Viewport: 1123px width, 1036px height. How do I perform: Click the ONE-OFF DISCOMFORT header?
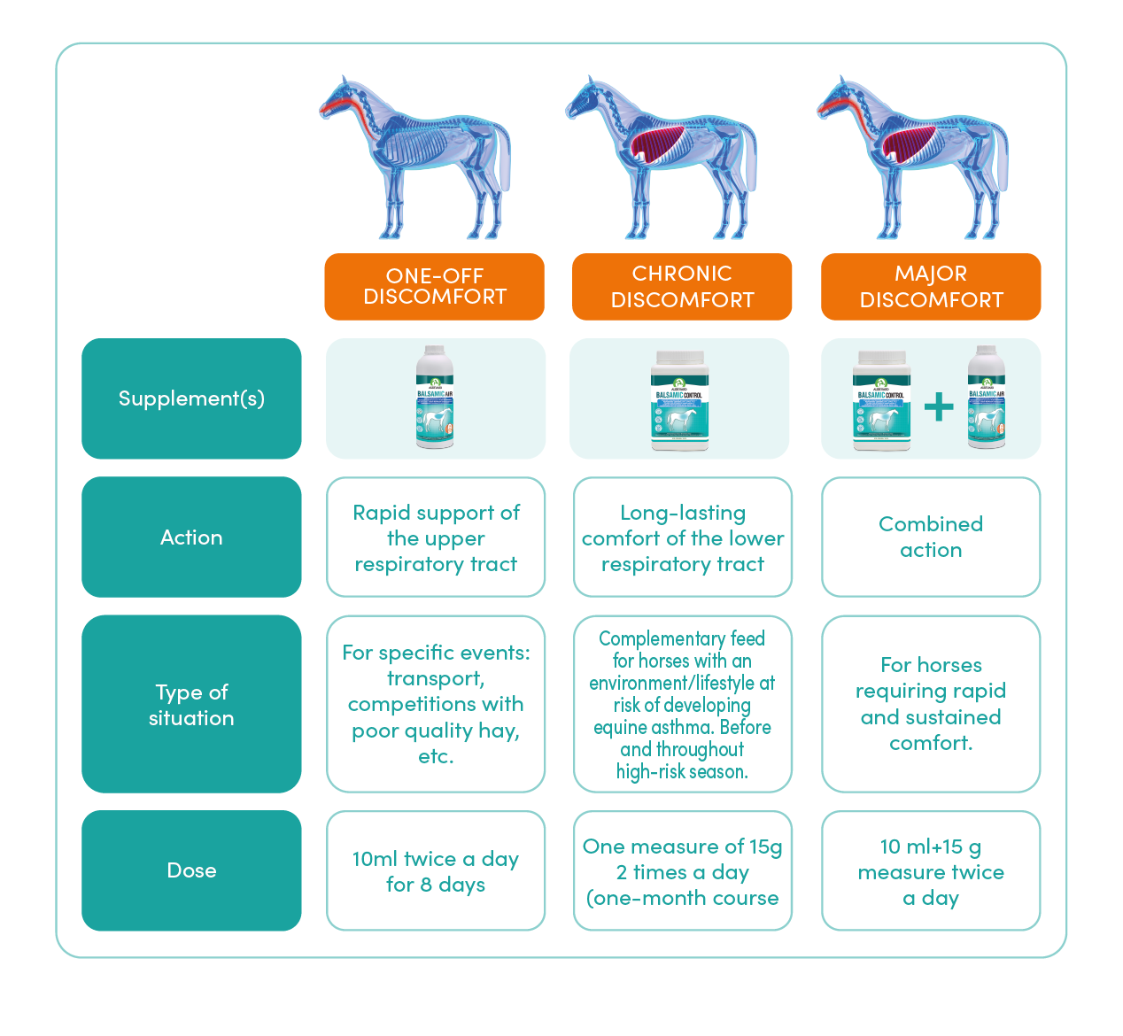(434, 287)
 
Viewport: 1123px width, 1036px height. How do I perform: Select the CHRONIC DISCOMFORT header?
(682, 287)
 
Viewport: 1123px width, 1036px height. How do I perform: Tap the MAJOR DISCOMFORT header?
(931, 287)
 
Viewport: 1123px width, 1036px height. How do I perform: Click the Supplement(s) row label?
(191, 398)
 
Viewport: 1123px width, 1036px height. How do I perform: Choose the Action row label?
(191, 537)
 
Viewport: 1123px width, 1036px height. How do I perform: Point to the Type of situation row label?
(191, 705)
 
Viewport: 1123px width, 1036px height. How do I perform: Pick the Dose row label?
(191, 870)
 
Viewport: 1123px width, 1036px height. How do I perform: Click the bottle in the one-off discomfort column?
(435, 398)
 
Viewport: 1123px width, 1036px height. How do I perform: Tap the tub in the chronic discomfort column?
(679, 399)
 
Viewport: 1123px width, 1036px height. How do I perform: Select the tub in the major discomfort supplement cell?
(881, 399)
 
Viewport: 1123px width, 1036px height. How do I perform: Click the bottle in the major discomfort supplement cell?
(986, 398)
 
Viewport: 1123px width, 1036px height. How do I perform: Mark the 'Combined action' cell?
(931, 537)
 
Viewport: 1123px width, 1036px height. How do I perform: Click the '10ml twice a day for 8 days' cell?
(436, 871)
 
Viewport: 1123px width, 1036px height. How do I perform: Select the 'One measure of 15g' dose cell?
(682, 871)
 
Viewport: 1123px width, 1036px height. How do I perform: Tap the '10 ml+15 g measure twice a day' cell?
(931, 871)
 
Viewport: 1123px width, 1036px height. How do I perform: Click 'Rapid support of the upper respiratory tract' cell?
(436, 537)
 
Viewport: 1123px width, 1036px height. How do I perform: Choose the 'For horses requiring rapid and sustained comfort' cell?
(931, 704)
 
